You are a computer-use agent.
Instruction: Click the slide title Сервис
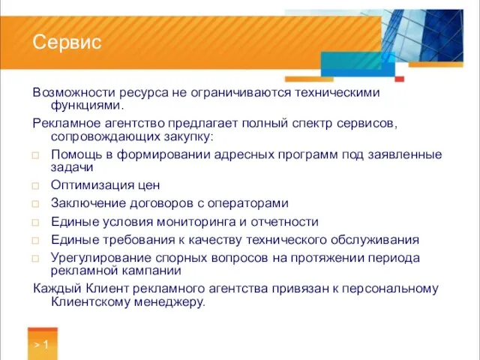click(67, 43)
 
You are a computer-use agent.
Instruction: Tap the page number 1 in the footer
click(46, 346)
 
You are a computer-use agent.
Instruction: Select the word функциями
click(85, 106)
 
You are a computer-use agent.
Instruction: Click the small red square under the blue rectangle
click(400, 79)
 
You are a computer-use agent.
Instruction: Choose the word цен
click(147, 185)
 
